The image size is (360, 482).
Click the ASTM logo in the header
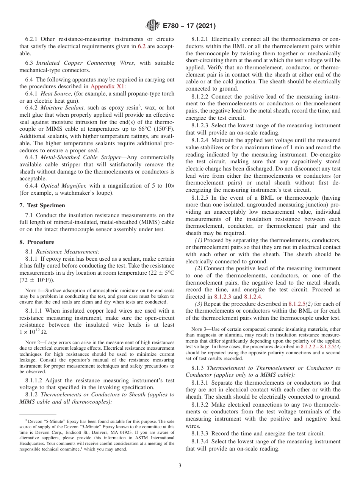tap(153, 26)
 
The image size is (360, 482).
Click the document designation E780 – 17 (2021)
tap(189, 26)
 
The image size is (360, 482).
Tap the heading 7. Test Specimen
tap(42, 205)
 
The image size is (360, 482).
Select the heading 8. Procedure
tap(36, 242)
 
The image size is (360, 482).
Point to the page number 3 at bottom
tap(180, 466)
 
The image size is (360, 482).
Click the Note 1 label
tap(33, 290)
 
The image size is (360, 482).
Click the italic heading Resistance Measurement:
tap(68, 251)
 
